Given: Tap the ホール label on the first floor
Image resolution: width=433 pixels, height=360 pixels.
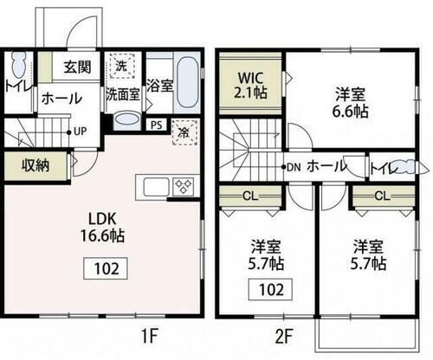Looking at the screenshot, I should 58,98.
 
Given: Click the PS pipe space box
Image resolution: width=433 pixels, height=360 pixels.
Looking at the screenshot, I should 155,124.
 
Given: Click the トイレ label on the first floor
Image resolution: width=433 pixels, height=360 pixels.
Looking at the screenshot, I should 16,86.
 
